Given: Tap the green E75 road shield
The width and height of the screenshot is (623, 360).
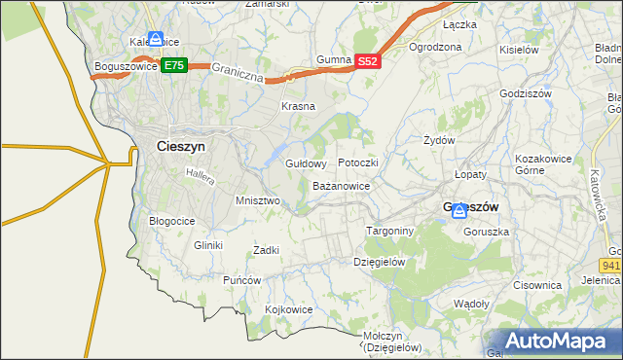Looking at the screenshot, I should click(x=174, y=65).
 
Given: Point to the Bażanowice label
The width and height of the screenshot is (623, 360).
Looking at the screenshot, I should click(x=341, y=185).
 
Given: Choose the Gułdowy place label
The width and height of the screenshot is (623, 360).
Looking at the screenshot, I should click(x=305, y=163).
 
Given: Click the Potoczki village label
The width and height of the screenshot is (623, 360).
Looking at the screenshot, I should click(x=357, y=162).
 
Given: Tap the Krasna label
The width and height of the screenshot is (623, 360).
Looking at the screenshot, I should click(x=298, y=106).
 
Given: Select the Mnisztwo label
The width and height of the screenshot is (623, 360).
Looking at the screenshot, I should click(x=258, y=200).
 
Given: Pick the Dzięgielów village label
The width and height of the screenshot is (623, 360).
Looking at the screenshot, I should click(x=379, y=262).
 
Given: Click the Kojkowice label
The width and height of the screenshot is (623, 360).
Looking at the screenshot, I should click(x=289, y=309).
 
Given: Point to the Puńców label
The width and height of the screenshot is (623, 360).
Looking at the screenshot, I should click(x=242, y=280).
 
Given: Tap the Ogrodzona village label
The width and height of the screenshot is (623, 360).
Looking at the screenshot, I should click(x=435, y=47).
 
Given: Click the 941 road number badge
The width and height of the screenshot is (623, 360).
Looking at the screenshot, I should click(x=611, y=264).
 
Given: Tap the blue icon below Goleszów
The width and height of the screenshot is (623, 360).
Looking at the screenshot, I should click(x=458, y=211).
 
